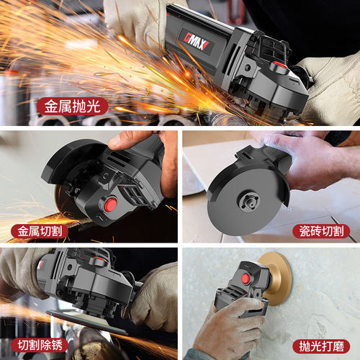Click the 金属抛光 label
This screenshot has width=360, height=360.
tap(72, 107)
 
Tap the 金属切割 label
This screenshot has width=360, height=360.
tap(40, 231)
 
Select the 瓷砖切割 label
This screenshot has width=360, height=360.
tap(321, 231)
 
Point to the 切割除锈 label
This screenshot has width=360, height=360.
tap(40, 345)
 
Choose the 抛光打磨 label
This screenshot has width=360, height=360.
tap(321, 346)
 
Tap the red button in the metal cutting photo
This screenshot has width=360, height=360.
tap(110, 204)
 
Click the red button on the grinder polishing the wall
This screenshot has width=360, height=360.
tap(246, 279)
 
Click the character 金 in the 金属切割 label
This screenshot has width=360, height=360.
tap(24, 231)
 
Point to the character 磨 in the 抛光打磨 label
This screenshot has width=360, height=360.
tap(338, 346)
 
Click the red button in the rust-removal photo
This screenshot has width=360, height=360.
tap(98, 259)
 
